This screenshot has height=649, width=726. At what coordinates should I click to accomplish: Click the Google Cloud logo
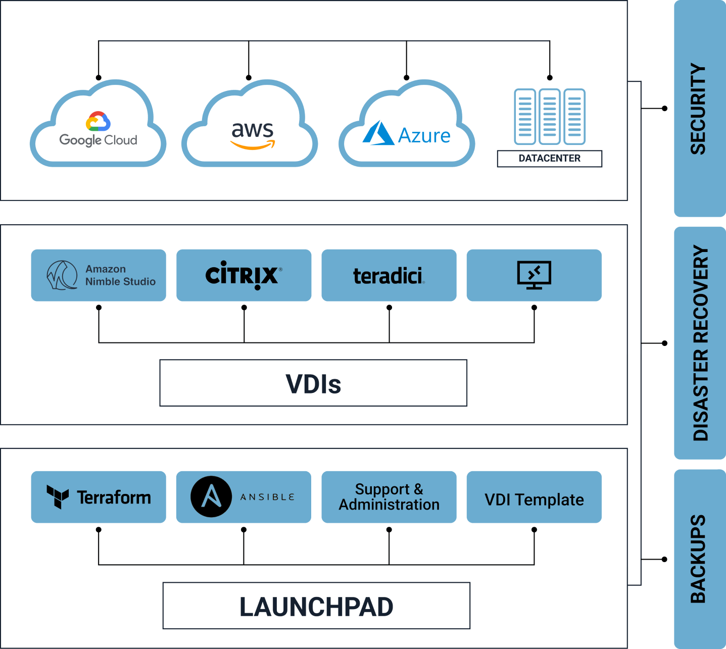pos(98,129)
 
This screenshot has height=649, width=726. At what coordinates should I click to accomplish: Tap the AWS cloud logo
pos(253,135)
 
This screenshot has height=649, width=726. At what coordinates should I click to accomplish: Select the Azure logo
pos(407,134)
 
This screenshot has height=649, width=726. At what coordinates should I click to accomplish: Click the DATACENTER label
pos(550,159)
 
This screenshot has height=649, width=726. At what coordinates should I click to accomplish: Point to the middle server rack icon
pos(550,116)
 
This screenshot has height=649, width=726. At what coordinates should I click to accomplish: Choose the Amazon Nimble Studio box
pos(99,275)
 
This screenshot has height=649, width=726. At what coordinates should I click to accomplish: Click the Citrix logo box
pos(244,275)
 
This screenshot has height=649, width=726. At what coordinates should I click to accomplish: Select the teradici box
pos(389,275)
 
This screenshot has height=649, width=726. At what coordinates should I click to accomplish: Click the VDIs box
pos(313,383)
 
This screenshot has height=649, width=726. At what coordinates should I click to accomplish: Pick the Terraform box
pos(99,497)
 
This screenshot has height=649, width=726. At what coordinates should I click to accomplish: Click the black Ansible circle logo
pos(211,497)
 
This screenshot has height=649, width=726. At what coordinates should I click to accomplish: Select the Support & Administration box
pos(389,497)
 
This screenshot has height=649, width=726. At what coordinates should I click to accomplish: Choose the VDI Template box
pos(534,500)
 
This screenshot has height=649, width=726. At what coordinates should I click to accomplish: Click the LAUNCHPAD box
pos(316,606)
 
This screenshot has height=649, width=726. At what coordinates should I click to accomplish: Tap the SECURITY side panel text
pos(698,109)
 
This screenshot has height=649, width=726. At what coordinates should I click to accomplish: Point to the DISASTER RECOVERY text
pos(700,343)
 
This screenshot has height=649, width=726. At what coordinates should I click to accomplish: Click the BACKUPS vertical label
pos(698,559)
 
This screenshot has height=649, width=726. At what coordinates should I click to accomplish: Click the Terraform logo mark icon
pos(58,497)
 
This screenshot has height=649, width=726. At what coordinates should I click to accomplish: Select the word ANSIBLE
pos(267,497)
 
